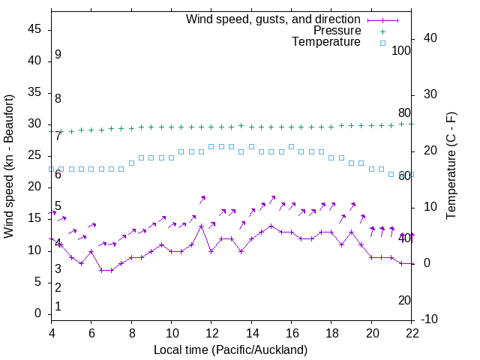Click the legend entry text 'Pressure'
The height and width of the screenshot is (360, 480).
337,31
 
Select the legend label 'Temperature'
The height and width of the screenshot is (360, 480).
326,43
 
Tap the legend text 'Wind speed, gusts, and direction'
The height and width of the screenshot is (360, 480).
273,19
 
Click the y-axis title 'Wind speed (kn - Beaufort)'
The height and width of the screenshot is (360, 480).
9,166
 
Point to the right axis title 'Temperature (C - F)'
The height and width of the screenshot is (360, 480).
451,166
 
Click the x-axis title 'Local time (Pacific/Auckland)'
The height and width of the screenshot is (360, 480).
231,349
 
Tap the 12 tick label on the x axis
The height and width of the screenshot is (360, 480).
211,333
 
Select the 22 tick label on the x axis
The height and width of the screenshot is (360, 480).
412,333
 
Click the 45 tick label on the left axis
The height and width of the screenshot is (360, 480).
34,30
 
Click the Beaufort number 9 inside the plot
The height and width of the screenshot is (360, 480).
58,55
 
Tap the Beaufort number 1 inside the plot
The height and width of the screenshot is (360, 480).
58,306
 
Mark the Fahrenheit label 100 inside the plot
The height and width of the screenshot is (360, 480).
401,50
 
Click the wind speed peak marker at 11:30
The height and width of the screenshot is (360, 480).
201,225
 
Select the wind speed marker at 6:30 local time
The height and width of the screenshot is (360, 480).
101,270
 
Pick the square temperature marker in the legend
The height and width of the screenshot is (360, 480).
382,43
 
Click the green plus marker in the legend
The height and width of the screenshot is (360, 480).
382,31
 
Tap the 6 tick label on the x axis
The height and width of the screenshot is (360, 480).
91,333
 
